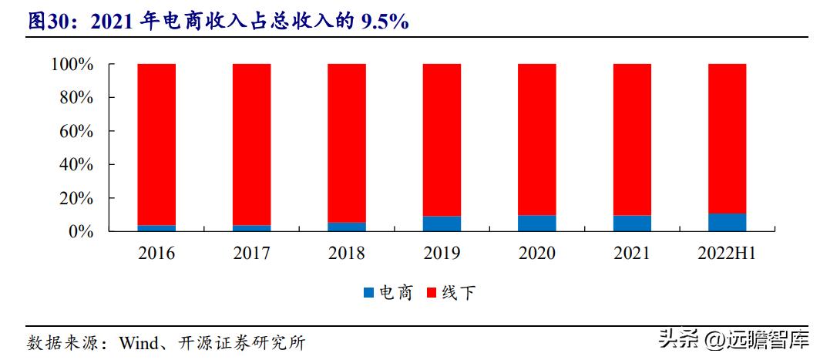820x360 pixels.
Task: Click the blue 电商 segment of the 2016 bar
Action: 156,228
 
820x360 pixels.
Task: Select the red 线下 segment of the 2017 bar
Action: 252,145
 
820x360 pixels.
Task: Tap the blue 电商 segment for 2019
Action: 442,224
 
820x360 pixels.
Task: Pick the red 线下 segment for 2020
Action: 536,140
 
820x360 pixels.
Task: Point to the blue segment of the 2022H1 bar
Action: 727,223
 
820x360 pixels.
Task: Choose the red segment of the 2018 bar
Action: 347,143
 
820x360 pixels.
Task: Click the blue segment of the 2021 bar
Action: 632,224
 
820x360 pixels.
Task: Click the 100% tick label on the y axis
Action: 72,65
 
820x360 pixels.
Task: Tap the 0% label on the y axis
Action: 82,232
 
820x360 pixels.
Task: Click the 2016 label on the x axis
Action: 156,254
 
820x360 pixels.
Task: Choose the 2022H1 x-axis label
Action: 727,254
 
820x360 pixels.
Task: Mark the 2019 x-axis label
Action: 442,254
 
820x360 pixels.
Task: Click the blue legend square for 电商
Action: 369,293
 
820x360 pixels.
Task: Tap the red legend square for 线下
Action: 432,293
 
